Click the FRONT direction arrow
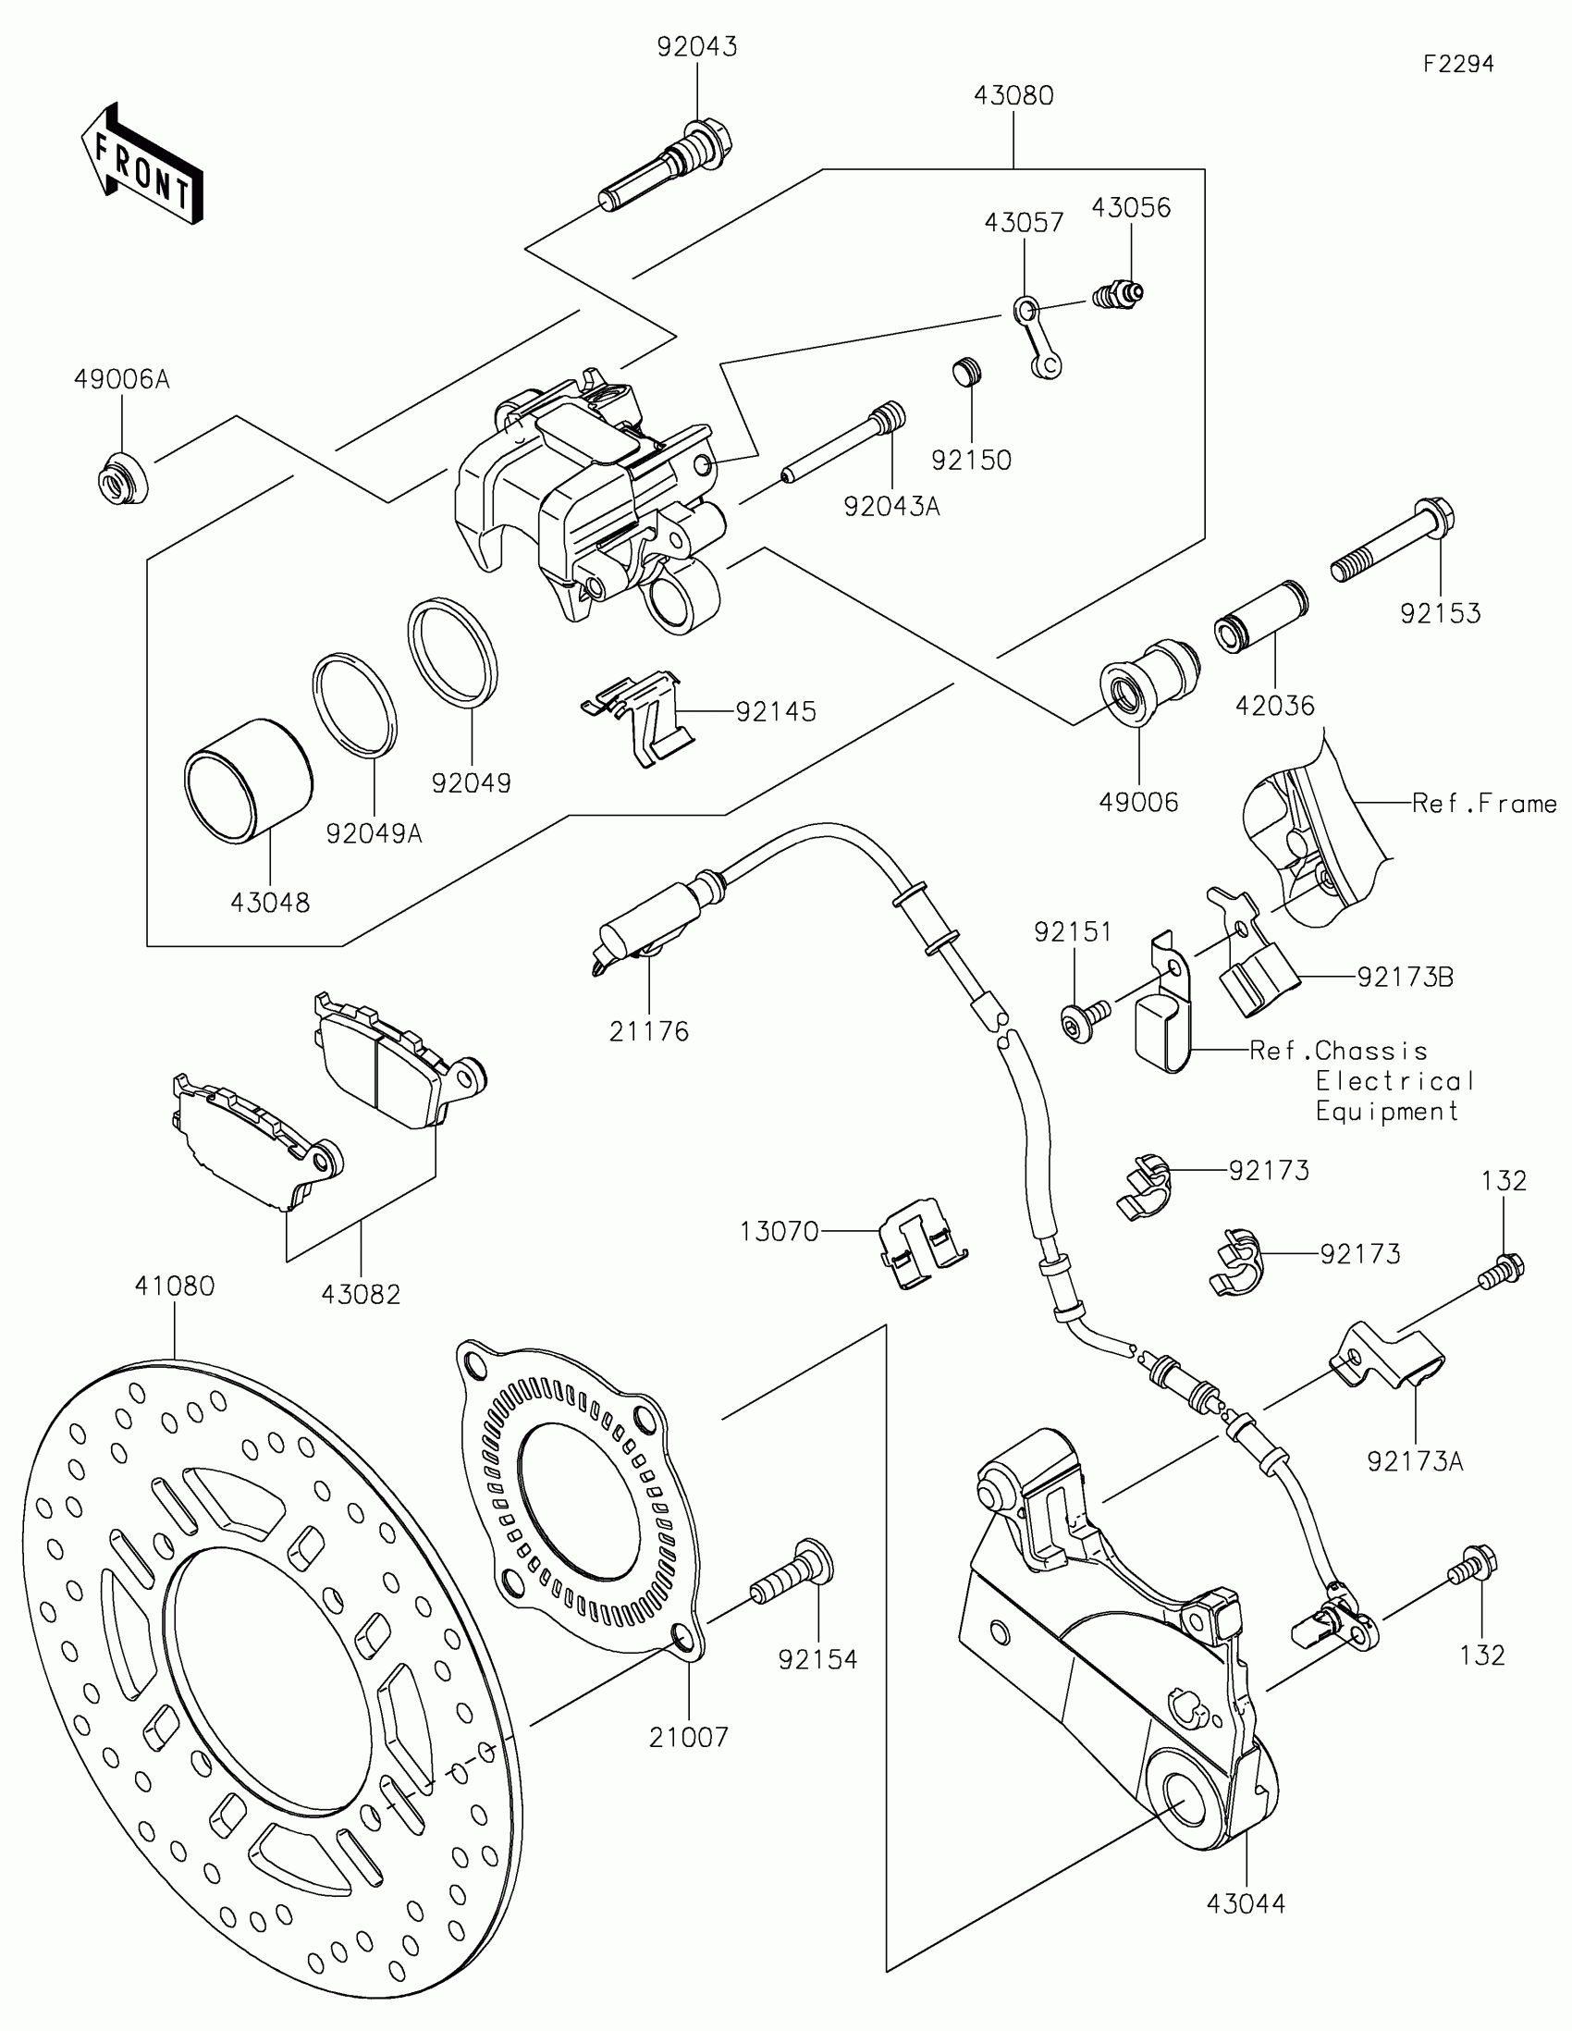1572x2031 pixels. [x=142, y=164]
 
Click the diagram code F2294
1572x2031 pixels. [x=1458, y=64]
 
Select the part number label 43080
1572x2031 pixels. [x=1013, y=96]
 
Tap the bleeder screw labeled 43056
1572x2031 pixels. [x=1117, y=295]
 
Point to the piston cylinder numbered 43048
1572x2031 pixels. [x=248, y=782]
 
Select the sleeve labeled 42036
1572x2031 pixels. [x=1259, y=617]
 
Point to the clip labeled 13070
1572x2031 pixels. [x=921, y=1241]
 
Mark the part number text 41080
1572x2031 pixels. [x=175, y=1286]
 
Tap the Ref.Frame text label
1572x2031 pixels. [x=1483, y=804]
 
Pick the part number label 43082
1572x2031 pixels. [x=361, y=1294]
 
